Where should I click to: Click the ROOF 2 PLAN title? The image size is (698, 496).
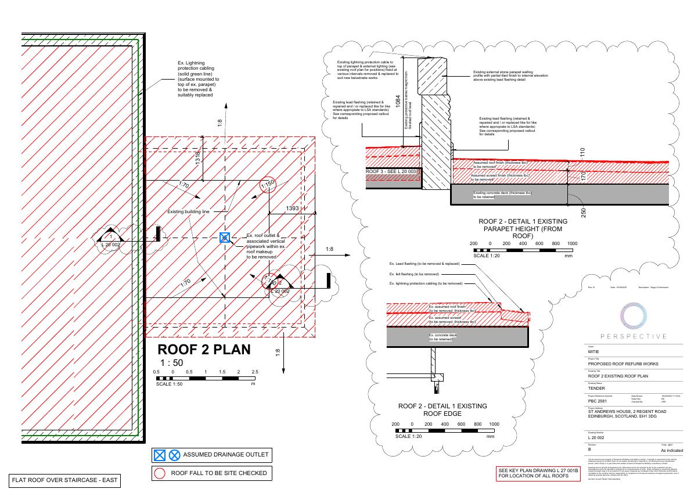pos(204,350)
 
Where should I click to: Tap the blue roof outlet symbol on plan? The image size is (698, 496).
pos(225,237)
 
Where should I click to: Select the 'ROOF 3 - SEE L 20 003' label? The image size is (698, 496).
pos(391,172)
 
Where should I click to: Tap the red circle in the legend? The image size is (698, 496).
pos(160,473)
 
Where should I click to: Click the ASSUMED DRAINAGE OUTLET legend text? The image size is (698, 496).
pos(223,455)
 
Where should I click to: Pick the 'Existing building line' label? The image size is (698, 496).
pos(188,212)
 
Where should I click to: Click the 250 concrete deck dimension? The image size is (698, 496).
pos(583,213)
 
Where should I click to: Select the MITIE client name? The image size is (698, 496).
pos(593,352)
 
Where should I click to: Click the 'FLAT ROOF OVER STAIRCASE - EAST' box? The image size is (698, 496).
pos(64,481)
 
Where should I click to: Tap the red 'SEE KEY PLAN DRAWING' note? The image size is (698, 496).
pos(538,473)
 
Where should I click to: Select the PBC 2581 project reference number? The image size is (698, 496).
pos(598,401)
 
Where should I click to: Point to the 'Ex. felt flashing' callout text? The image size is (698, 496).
pos(414,274)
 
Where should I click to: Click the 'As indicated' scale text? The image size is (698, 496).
pos(672,451)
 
